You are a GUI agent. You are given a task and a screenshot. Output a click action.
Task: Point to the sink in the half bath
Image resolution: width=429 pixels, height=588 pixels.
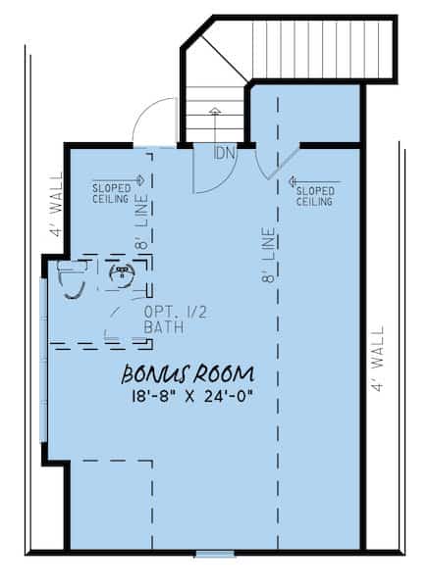(123, 274)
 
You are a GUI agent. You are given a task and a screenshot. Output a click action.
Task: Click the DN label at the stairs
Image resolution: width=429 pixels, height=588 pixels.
(224, 154)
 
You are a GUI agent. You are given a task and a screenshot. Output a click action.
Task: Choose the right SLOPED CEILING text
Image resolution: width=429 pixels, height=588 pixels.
(314, 196)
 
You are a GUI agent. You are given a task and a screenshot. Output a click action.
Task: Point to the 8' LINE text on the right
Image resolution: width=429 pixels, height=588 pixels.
(267, 257)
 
